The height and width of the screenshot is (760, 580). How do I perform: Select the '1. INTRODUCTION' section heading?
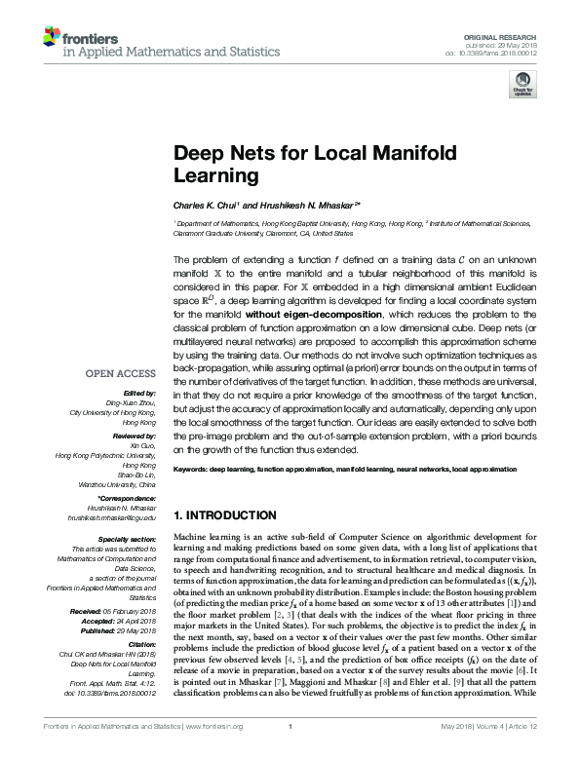[x=224, y=514]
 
